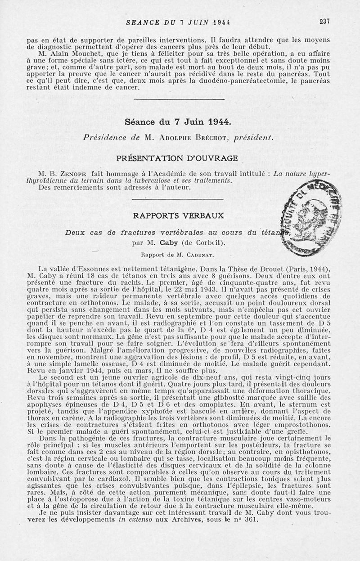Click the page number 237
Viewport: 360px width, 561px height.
[x=324, y=21]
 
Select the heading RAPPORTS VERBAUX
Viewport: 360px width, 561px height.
[x=179, y=215]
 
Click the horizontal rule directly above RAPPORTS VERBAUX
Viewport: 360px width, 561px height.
[x=179, y=198]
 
